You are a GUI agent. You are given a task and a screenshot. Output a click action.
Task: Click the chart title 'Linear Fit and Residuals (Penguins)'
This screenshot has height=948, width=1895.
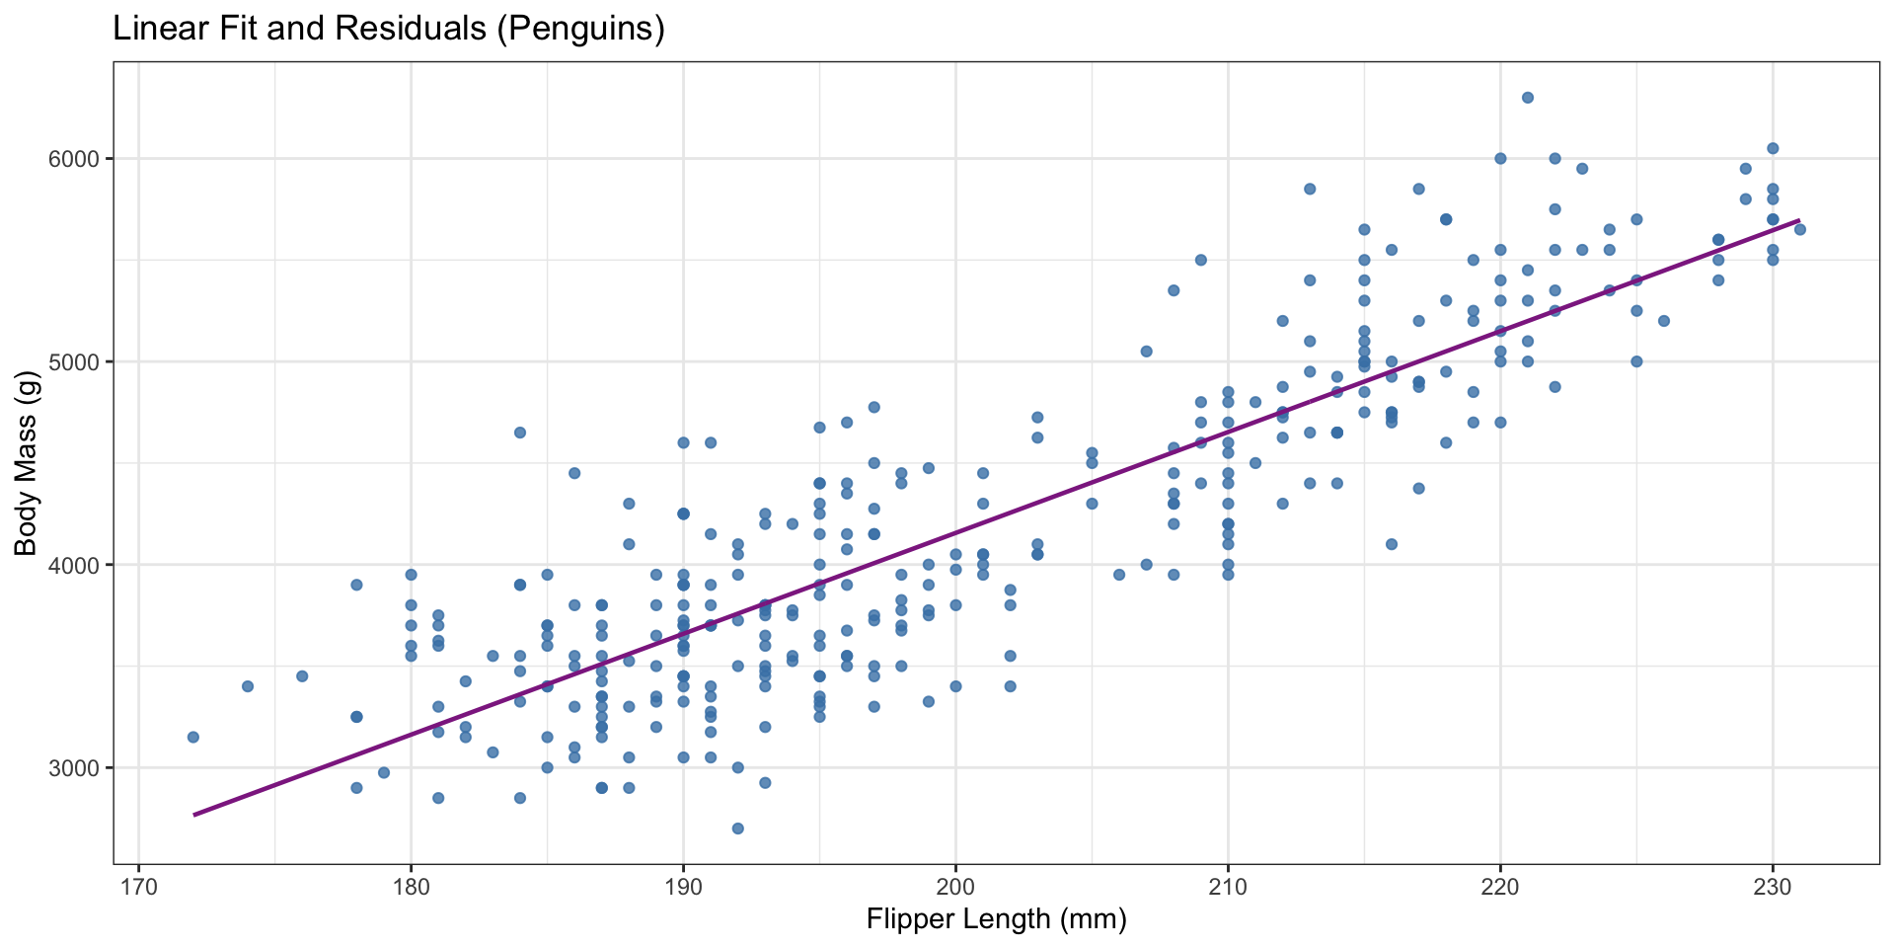[x=389, y=29]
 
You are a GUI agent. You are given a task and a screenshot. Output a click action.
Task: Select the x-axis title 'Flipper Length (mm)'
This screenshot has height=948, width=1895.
[x=996, y=920]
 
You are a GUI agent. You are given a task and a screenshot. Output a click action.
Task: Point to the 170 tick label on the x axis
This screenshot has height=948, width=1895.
[x=138, y=882]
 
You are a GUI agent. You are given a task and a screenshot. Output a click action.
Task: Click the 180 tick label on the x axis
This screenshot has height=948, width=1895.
[x=411, y=882]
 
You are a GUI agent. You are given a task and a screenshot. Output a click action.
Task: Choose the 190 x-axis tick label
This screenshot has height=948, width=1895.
[x=683, y=882]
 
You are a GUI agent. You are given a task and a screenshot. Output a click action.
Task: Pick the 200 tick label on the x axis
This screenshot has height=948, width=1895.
[x=955, y=882]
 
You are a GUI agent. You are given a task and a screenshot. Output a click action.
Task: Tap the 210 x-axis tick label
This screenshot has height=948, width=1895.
[x=1228, y=882]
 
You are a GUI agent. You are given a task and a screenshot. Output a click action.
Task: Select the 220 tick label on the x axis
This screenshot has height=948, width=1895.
[x=1500, y=882]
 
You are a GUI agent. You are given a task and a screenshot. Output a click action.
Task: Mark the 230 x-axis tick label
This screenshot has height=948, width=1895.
[x=1773, y=882]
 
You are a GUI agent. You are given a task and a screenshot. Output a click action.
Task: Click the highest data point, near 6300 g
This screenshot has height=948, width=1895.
[x=1528, y=98]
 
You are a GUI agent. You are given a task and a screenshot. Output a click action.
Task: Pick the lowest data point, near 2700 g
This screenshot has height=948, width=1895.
[x=737, y=829]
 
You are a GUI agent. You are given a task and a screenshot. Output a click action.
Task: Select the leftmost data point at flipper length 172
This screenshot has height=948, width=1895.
[x=193, y=737]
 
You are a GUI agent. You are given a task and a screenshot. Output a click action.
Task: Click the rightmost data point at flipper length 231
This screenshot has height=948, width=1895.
[x=1799, y=230]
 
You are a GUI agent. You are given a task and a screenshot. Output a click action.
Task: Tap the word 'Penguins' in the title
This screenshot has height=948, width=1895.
[x=579, y=29]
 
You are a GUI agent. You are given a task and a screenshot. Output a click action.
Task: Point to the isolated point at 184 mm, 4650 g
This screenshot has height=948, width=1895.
[x=520, y=433]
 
